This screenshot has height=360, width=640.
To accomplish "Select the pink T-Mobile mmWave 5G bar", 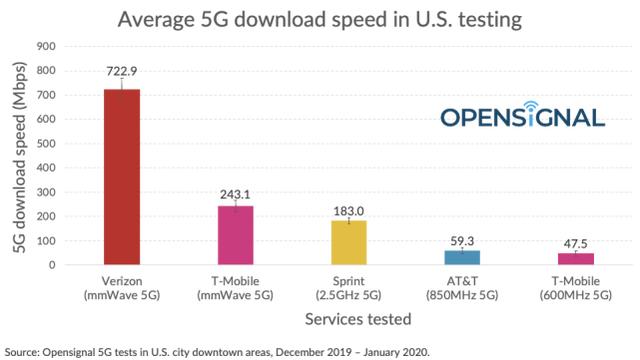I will (236, 235).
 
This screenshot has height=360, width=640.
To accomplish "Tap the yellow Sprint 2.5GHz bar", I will (349, 242).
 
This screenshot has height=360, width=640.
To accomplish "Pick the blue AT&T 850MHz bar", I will (461, 257).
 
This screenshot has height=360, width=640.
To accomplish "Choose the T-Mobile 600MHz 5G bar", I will (574, 259).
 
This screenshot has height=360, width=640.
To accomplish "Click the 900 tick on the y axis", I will (45, 46).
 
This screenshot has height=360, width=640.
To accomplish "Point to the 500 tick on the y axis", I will (45, 143).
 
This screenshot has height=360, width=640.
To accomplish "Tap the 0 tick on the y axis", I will (51, 265).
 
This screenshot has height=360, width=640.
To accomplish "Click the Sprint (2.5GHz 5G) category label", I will (349, 288).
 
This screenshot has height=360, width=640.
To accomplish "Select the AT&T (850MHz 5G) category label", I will (461, 288).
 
